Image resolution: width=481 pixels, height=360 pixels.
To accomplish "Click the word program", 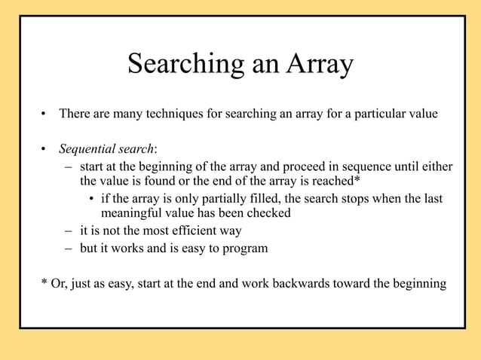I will [x=244, y=248].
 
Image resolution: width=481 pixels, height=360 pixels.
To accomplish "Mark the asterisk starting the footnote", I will [x=43, y=283].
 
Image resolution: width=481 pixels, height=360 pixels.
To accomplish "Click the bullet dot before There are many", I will [x=44, y=116].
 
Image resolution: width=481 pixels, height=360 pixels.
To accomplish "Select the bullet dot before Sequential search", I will [x=44, y=149].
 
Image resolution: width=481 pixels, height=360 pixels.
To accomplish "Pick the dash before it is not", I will [x=67, y=231].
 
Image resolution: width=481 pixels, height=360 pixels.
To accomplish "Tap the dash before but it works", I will [x=67, y=248].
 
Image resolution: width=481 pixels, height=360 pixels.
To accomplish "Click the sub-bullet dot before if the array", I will [x=90, y=200].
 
